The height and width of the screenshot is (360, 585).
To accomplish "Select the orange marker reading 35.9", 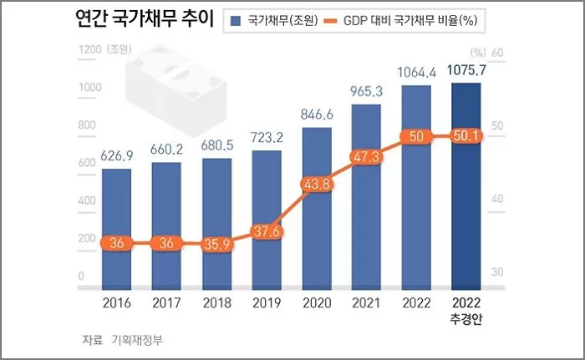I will click(216, 244).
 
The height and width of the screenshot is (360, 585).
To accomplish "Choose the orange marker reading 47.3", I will click(366, 157).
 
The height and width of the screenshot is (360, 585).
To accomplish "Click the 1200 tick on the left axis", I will click(90, 51).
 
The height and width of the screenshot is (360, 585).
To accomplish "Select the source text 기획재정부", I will click(144, 340).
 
